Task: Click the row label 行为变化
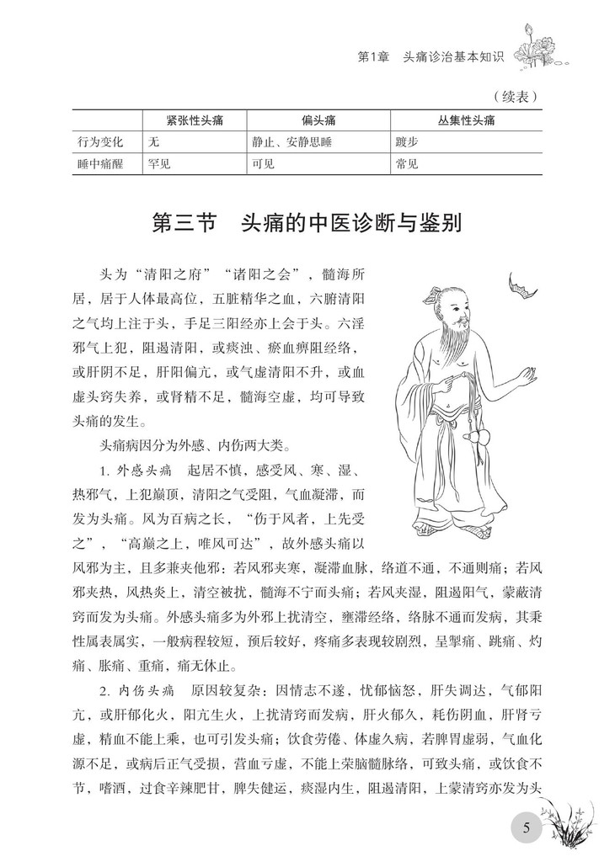[99, 142]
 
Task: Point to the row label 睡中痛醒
[99, 164]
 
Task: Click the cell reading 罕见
[159, 164]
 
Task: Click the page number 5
[527, 827]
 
